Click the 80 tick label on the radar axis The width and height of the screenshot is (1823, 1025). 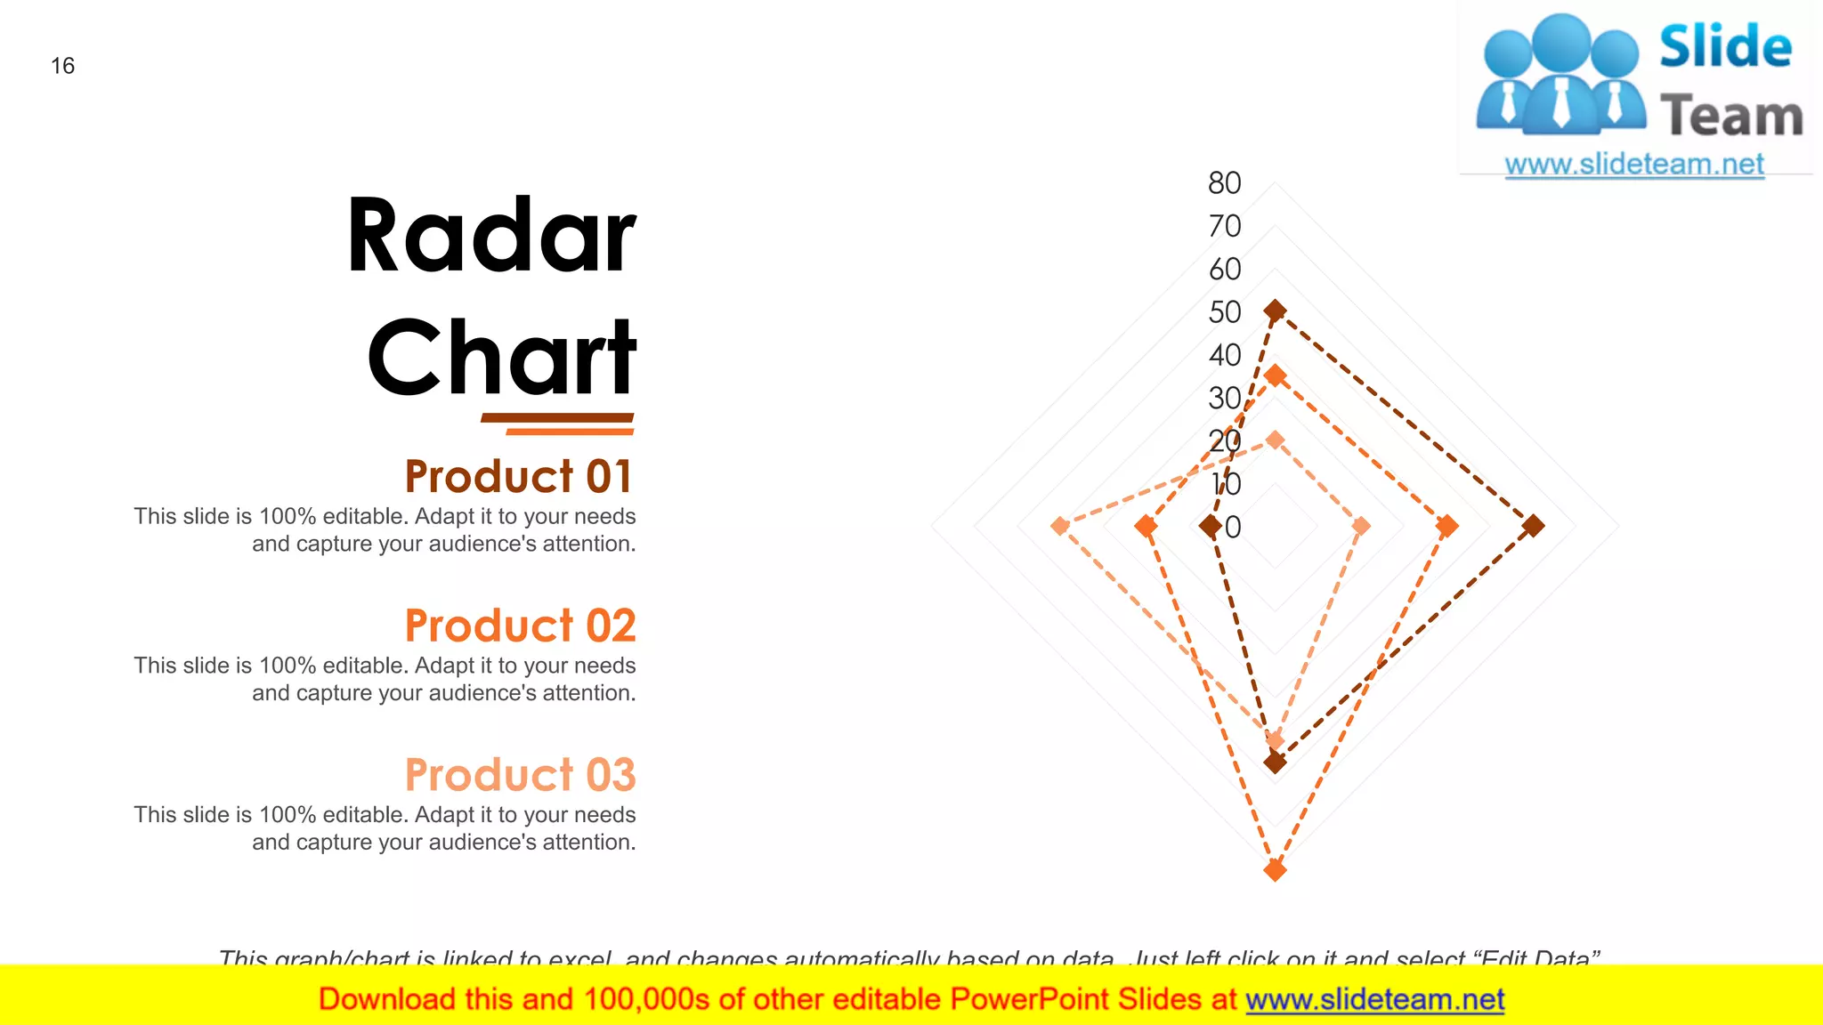click(x=1224, y=183)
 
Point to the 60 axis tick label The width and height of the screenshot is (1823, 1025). click(x=1224, y=270)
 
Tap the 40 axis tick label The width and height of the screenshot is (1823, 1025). click(x=1224, y=356)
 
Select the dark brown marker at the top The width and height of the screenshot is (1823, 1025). click(x=1275, y=311)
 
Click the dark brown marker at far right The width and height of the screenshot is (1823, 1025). click(x=1532, y=526)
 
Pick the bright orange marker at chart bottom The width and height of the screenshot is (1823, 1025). click(x=1275, y=869)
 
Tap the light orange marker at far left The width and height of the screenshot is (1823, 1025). click(x=1059, y=526)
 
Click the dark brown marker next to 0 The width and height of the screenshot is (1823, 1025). click(x=1210, y=527)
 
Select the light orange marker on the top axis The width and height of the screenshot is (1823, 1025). click(x=1275, y=440)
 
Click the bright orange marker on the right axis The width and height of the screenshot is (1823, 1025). click(x=1447, y=526)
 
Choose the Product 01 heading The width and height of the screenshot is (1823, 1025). click(x=519, y=476)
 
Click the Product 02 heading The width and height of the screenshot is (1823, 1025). click(x=520, y=625)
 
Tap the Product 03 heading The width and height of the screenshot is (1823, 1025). click(x=520, y=775)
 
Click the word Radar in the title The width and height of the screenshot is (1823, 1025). click(x=491, y=236)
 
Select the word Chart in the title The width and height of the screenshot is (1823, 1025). click(x=501, y=358)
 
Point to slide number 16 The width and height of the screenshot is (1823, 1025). click(x=62, y=66)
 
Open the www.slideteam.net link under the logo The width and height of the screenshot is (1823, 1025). click(x=1634, y=165)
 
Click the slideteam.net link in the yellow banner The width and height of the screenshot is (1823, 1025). click(x=1374, y=999)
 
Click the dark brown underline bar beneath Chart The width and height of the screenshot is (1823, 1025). click(x=557, y=417)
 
